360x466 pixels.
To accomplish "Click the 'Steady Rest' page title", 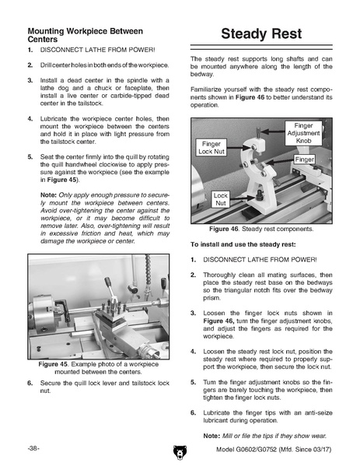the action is coord(261,33).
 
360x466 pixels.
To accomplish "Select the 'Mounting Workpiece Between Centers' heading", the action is coord(85,35).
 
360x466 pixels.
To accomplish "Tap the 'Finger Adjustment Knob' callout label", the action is coord(303,133).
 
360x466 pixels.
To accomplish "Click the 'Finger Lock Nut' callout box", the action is coord(211,147).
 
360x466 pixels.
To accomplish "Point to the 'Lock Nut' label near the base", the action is coord(220,199).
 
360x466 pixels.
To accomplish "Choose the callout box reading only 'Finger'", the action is coord(304,159).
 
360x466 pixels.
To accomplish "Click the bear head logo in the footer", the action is coord(180,452).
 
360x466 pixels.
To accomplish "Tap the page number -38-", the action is coord(33,448).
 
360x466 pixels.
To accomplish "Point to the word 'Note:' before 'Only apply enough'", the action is coord(48,195).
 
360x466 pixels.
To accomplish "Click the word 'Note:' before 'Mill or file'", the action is coord(211,436).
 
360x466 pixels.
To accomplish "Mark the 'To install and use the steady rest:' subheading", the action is coord(243,244).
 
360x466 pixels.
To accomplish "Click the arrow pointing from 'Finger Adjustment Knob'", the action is coord(274,131).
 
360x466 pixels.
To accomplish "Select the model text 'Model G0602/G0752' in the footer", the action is coord(246,449).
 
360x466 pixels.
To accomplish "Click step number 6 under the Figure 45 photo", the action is coord(30,383).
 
